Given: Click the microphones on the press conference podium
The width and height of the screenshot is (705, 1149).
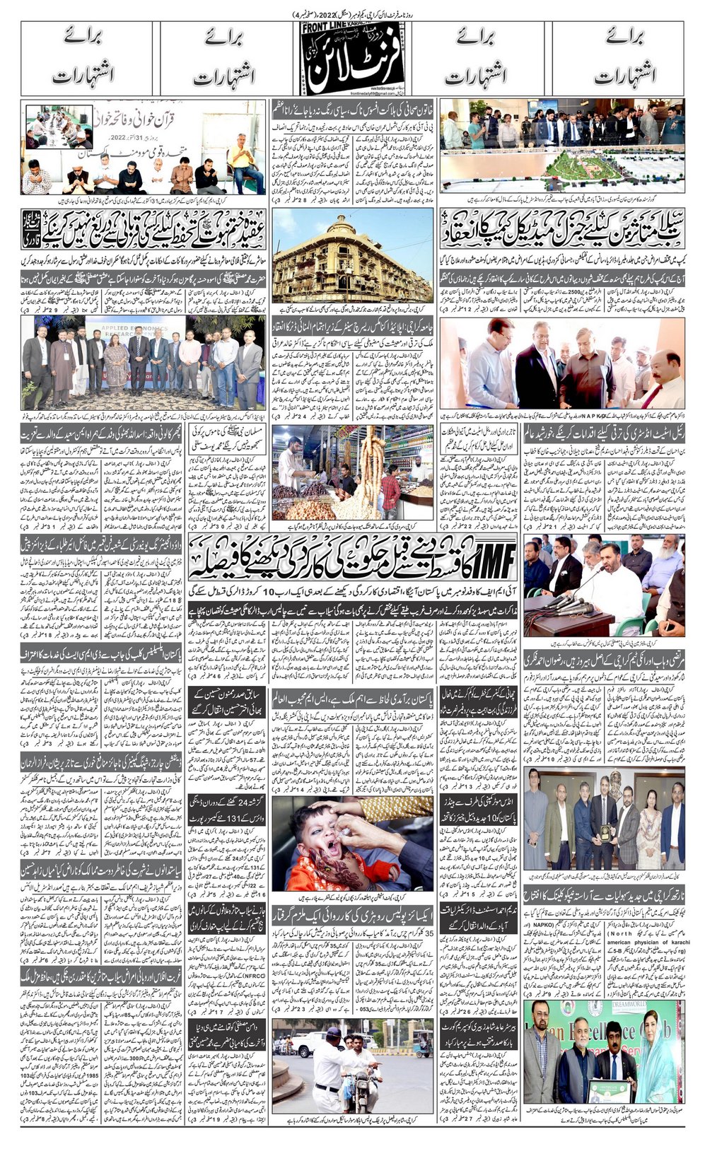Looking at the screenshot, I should click(x=576, y=605).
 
